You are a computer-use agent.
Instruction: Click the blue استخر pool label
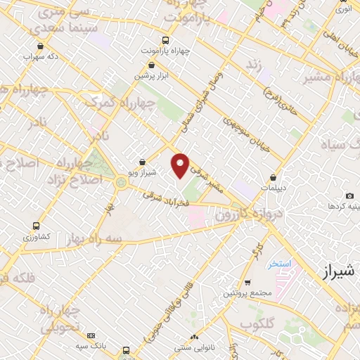point(278,264)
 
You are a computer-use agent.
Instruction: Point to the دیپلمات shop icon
point(272,178)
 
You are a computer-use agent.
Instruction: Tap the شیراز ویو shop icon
point(143,161)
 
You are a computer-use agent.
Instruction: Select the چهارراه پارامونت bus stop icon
point(165,40)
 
